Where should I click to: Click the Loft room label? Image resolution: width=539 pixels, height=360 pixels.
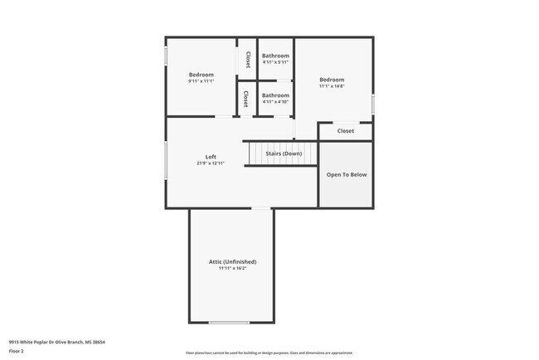click(211, 157)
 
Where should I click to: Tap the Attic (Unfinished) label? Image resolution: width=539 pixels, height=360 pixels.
click(232, 261)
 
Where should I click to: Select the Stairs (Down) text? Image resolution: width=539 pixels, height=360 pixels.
click(283, 153)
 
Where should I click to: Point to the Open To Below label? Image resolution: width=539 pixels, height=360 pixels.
click(346, 175)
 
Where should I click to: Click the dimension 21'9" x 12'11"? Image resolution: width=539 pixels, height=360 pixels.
click(211, 163)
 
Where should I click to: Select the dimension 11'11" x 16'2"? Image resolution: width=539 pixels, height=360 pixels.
click(232, 268)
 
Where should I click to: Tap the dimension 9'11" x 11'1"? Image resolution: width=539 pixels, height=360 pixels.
click(201, 81)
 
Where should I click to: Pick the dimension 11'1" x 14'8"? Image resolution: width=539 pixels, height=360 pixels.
click(333, 85)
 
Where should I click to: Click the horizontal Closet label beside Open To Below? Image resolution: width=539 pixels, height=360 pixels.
click(345, 131)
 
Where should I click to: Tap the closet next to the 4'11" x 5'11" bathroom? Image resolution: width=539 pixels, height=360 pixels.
click(248, 60)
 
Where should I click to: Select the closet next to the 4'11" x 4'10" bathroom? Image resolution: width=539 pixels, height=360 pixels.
click(245, 99)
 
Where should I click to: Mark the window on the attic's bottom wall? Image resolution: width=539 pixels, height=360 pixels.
click(229, 323)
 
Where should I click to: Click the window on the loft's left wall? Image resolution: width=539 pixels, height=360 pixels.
click(166, 158)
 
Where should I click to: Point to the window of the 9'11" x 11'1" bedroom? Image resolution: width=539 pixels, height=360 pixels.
click(166, 55)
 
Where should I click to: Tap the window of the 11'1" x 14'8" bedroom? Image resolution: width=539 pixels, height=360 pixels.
click(373, 104)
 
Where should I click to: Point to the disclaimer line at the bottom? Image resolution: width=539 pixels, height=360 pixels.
click(269, 353)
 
